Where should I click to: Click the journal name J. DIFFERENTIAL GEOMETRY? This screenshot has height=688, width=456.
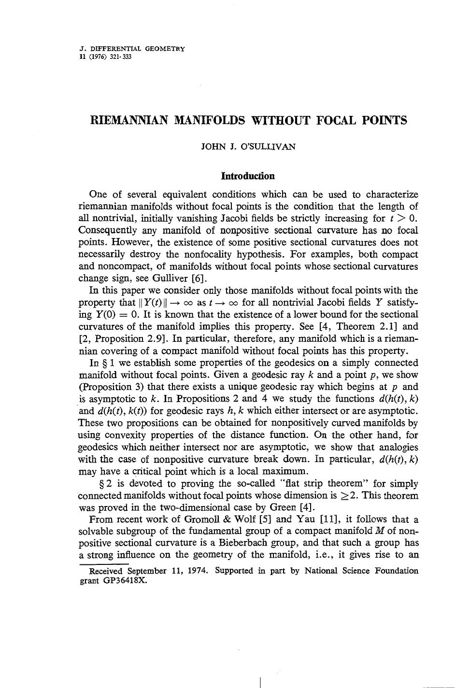(x=131, y=49)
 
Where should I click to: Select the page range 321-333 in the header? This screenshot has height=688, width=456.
(x=121, y=56)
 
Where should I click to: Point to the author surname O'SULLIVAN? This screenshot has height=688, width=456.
(x=271, y=147)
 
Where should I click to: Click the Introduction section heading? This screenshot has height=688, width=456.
(x=248, y=176)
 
